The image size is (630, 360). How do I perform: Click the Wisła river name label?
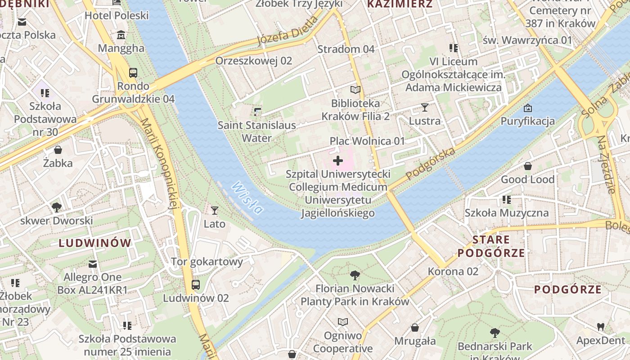click(x=247, y=198)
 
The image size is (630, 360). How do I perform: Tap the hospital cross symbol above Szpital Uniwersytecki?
click(x=338, y=161)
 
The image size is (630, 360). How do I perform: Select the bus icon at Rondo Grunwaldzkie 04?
click(x=133, y=72)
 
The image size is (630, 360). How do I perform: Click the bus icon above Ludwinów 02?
click(x=196, y=284)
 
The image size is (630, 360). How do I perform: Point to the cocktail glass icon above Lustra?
click(x=424, y=107)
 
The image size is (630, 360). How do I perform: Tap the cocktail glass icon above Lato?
click(x=215, y=210)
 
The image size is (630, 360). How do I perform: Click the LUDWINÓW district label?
click(x=95, y=243)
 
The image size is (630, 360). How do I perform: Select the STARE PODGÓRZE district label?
click(x=491, y=246)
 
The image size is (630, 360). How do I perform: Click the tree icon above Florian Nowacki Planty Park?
click(x=355, y=275)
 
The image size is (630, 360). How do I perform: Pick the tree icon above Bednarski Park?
click(x=495, y=333)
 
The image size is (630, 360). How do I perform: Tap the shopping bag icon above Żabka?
click(x=58, y=150)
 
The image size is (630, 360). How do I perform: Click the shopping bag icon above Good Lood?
click(x=527, y=166)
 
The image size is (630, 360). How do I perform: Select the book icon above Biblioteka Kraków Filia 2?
click(x=355, y=90)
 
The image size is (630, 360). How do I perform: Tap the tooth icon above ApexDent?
click(x=600, y=327)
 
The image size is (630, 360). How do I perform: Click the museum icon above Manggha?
click(x=121, y=35)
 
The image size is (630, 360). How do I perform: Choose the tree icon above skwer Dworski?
click(x=56, y=207)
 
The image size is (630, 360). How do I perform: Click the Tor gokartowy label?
click(x=207, y=261)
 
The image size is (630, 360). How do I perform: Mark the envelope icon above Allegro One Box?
click(x=93, y=264)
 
